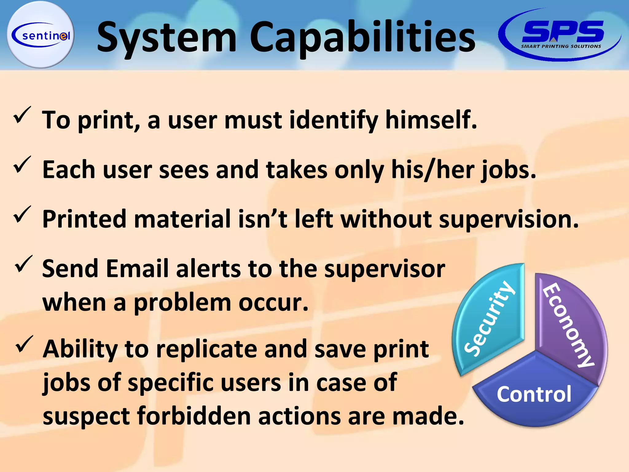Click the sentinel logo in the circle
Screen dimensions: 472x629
point(41,35)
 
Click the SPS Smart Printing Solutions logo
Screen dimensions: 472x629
point(560,34)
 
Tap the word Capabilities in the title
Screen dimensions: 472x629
point(362,37)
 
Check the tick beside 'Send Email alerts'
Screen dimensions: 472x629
point(23,264)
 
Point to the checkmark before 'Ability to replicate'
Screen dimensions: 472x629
point(24,344)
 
